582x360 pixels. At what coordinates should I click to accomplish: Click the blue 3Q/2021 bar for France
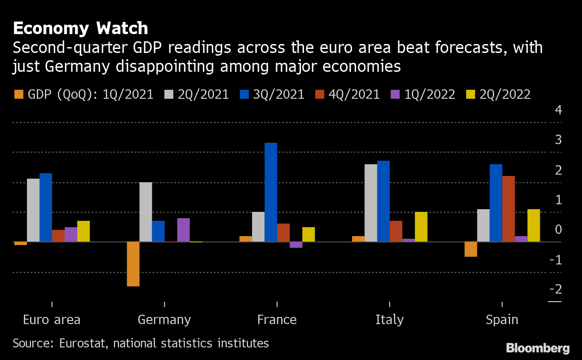271,192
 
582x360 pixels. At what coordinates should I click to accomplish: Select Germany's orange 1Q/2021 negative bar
133,264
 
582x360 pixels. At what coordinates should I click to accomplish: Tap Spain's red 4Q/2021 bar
508,209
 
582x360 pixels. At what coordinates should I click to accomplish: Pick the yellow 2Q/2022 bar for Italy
421,227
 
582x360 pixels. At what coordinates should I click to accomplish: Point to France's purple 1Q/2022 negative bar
296,245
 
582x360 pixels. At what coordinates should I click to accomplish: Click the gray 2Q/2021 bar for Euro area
33,210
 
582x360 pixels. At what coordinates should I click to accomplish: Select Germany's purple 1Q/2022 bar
183,230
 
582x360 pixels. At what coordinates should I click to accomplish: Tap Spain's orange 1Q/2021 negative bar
471,249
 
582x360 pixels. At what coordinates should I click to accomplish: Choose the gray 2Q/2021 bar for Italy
370,203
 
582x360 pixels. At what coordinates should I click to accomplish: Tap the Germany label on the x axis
164,320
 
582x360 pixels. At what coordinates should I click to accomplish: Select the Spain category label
502,320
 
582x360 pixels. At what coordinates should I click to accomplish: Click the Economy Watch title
80,28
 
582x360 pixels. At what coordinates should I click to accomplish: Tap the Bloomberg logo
538,348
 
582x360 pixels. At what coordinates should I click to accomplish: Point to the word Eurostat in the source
83,343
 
